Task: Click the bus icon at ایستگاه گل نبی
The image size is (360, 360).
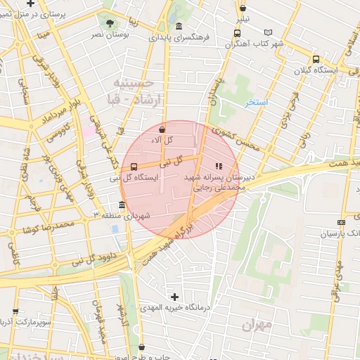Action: pos(134,167)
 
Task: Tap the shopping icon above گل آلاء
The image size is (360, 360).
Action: pos(162,129)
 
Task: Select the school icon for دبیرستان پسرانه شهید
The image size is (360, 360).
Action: pos(219,167)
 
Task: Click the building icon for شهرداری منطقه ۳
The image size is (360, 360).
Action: pos(122,205)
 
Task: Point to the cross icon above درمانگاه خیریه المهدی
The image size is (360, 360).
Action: pos(174,297)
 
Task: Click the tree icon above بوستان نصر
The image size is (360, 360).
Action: pos(108,23)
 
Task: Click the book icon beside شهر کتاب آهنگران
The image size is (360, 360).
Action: pos(267,32)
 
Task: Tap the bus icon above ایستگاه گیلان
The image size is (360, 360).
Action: pos(315,60)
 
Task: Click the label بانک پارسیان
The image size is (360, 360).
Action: pos(339,233)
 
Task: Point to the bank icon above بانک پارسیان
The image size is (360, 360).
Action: pos(341,222)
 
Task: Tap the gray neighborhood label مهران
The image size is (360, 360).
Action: pos(257,325)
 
